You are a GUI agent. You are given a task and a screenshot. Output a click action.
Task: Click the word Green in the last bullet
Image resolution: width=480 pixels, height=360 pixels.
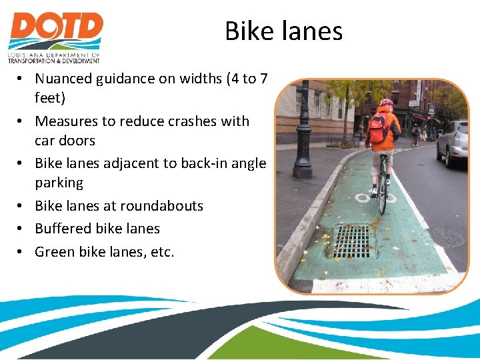pos(55,251)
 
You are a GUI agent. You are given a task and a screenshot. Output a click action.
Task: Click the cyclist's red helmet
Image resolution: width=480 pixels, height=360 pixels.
pos(387,103)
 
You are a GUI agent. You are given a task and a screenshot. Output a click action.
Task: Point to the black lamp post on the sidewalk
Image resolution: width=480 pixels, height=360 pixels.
pos(304,133)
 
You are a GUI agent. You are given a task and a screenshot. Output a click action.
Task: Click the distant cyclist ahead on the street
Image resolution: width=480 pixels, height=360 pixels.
pos(415,135)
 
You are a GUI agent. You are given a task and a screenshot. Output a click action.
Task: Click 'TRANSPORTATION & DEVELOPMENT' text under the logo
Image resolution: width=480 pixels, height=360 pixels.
pos(53,61)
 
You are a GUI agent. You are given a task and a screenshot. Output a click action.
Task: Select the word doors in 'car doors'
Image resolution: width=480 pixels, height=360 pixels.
pos(78,141)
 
